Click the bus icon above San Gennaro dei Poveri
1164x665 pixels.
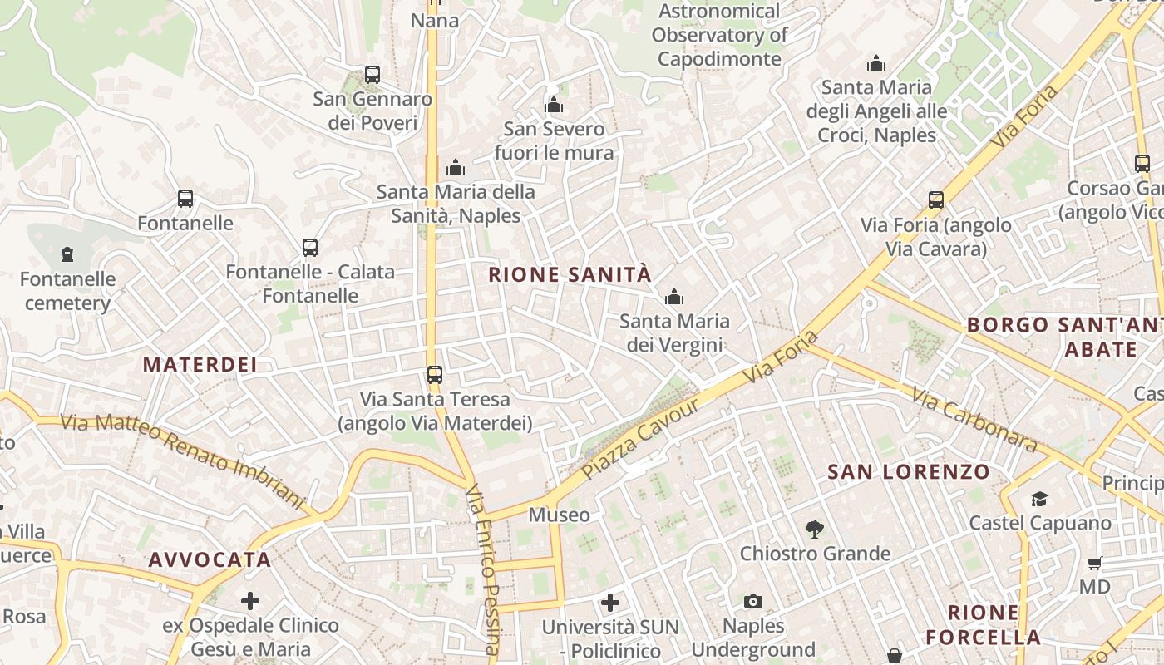372,75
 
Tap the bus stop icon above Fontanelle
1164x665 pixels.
185,199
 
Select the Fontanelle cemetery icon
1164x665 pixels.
67,254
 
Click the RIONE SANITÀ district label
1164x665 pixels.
570,274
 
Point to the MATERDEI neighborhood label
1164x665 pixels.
200,364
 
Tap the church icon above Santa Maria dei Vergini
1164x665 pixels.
674,297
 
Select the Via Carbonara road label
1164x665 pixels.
974,420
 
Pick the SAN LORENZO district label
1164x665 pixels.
909,472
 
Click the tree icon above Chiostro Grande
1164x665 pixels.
815,529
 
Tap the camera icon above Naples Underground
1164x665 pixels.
753,601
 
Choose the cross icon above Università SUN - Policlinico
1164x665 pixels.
610,602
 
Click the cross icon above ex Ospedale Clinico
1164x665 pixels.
250,600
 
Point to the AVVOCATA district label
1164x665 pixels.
210,559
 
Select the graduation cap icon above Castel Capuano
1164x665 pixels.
1039,499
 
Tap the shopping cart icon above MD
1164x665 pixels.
1095,563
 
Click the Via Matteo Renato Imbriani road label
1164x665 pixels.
183,460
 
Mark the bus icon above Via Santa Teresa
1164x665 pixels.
435,375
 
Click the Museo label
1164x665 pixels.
560,515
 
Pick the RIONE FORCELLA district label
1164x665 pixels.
983,625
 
